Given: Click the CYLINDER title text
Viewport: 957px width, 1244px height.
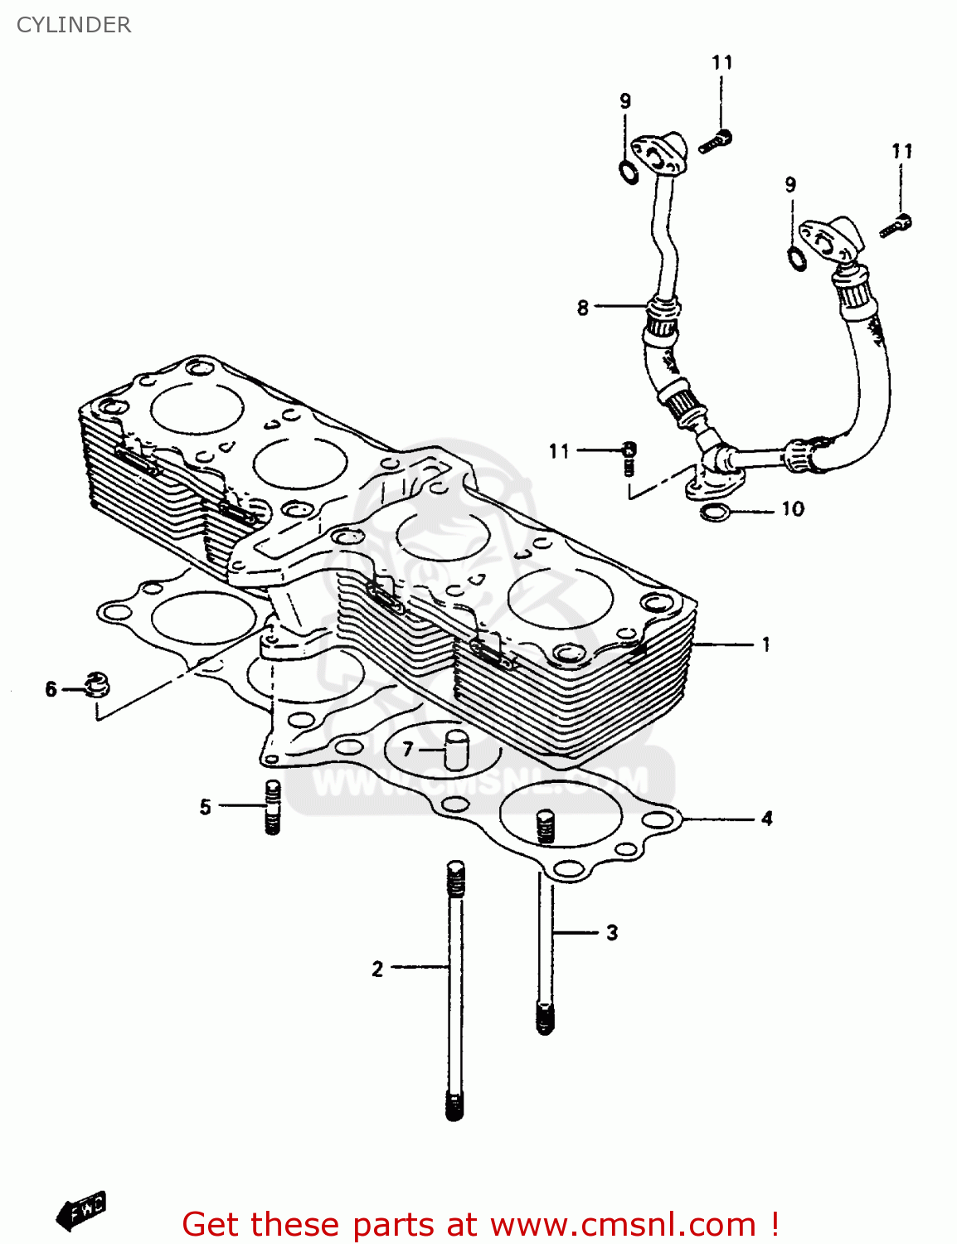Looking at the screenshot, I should pyautogui.click(x=74, y=25).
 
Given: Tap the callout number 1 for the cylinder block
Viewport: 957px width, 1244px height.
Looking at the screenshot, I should pyautogui.click(x=765, y=644).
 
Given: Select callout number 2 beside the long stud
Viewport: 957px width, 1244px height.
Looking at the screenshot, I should pyautogui.click(x=377, y=969).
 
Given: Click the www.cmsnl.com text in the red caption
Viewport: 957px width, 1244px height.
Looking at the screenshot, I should pyautogui.click(x=622, y=1225).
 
